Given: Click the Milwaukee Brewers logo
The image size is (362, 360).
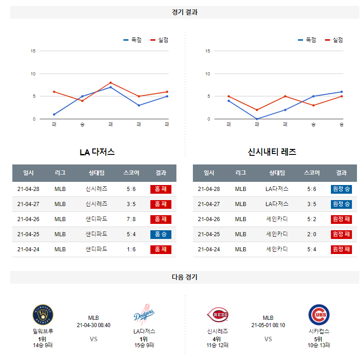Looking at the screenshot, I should (43, 315).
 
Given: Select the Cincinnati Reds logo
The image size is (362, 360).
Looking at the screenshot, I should (218, 315).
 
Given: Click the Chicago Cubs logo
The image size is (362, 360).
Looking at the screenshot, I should (319, 315).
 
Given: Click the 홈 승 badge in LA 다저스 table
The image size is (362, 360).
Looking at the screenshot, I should (160, 234).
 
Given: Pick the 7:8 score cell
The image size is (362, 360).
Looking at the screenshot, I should (131, 219).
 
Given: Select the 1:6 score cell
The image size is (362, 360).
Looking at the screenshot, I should (131, 249).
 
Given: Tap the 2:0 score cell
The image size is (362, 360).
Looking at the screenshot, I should (312, 234).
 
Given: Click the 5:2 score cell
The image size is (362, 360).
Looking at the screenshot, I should (312, 219).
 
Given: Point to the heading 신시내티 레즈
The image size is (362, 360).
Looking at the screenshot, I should (272, 152).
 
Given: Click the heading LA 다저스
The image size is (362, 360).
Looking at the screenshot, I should (97, 152).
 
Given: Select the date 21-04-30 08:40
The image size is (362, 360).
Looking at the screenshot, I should (94, 325).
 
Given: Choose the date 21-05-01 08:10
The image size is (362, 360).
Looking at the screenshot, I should (268, 325).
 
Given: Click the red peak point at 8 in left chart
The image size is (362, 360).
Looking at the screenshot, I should (111, 83).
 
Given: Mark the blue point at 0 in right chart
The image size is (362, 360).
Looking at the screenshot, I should (257, 119).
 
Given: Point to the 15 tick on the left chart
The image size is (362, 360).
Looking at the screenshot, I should (33, 51).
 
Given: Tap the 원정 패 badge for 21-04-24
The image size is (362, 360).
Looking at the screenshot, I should (341, 249).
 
